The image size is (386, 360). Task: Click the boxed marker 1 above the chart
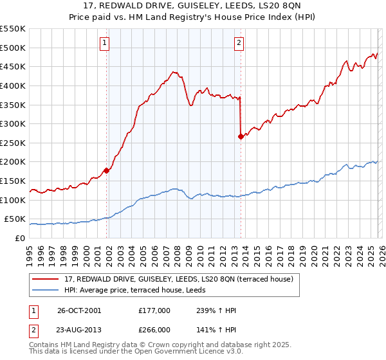click(x=105, y=44)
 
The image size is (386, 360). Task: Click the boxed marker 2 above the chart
click(x=239, y=44)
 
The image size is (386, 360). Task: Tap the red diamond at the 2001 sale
click(x=107, y=170)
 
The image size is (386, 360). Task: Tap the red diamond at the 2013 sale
click(x=241, y=136)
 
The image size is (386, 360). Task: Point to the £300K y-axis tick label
click(x=13, y=123)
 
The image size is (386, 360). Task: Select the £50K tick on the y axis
click(x=15, y=219)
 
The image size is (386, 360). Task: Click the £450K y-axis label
click(x=13, y=66)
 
